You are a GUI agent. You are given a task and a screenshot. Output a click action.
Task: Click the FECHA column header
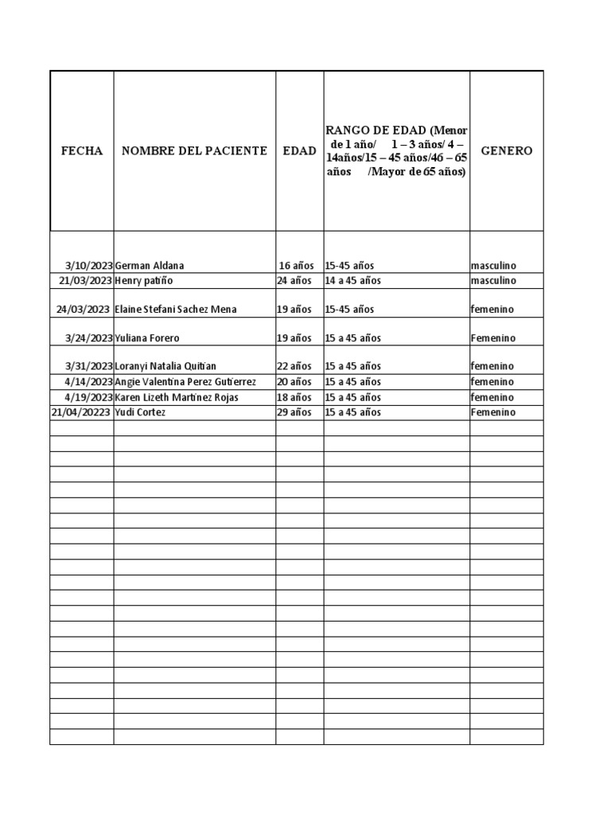(x=82, y=150)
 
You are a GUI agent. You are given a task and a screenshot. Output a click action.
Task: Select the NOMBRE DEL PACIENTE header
(x=194, y=150)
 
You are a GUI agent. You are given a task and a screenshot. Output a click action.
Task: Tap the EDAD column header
(x=299, y=150)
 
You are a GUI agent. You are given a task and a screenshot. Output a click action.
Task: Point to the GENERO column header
(x=507, y=150)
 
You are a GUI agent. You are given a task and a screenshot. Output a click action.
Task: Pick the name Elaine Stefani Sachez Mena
(x=175, y=310)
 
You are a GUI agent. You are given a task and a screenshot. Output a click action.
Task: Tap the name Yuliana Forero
(x=147, y=338)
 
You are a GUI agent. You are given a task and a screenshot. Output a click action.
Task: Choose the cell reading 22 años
(x=294, y=367)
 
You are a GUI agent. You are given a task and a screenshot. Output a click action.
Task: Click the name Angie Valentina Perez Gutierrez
(x=185, y=382)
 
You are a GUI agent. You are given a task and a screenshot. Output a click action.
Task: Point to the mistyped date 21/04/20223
(x=81, y=412)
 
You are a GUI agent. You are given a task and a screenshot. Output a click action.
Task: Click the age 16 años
(x=296, y=266)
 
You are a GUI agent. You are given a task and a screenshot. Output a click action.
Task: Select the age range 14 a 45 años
(x=353, y=281)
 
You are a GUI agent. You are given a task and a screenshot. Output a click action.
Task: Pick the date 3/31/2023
(x=89, y=367)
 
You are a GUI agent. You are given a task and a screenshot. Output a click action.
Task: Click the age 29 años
(x=294, y=412)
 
